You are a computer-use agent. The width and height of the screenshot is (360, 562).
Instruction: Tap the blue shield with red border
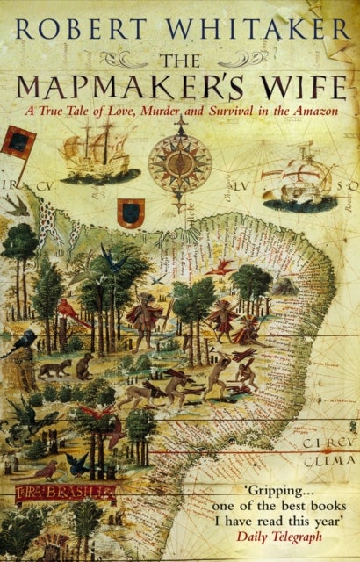(x=131, y=213)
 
